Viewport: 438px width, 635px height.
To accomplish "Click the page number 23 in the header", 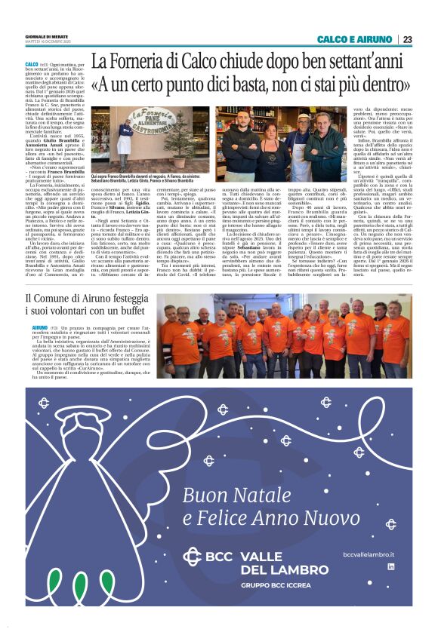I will tap(407, 39).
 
